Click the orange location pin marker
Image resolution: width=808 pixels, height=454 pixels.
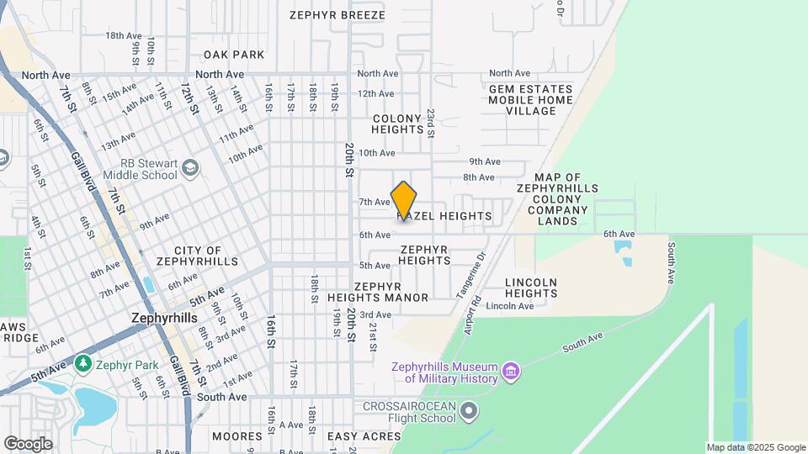tap(404, 200)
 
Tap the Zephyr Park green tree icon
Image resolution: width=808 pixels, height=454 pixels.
tap(82, 363)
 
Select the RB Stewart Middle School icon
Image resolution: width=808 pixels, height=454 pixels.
tap(191, 168)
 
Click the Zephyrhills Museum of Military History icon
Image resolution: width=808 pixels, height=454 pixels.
tap(510, 371)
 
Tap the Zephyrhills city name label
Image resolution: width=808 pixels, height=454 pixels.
tap(164, 319)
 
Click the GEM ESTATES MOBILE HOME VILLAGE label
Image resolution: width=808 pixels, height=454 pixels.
tap(530, 100)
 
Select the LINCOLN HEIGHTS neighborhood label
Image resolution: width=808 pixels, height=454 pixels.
tap(531, 288)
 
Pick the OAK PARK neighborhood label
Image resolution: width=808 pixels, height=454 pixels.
tap(233, 55)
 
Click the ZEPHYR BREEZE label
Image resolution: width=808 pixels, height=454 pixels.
tap(337, 15)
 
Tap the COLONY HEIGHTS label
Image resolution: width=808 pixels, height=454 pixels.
tap(397, 124)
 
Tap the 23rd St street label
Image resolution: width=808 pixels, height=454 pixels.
tap(430, 123)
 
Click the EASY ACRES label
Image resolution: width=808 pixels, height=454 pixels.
tap(364, 436)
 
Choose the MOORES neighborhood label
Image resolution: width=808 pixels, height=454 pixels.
tap(237, 436)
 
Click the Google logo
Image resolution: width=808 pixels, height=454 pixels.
tap(28, 443)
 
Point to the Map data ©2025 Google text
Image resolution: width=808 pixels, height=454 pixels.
tap(756, 448)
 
